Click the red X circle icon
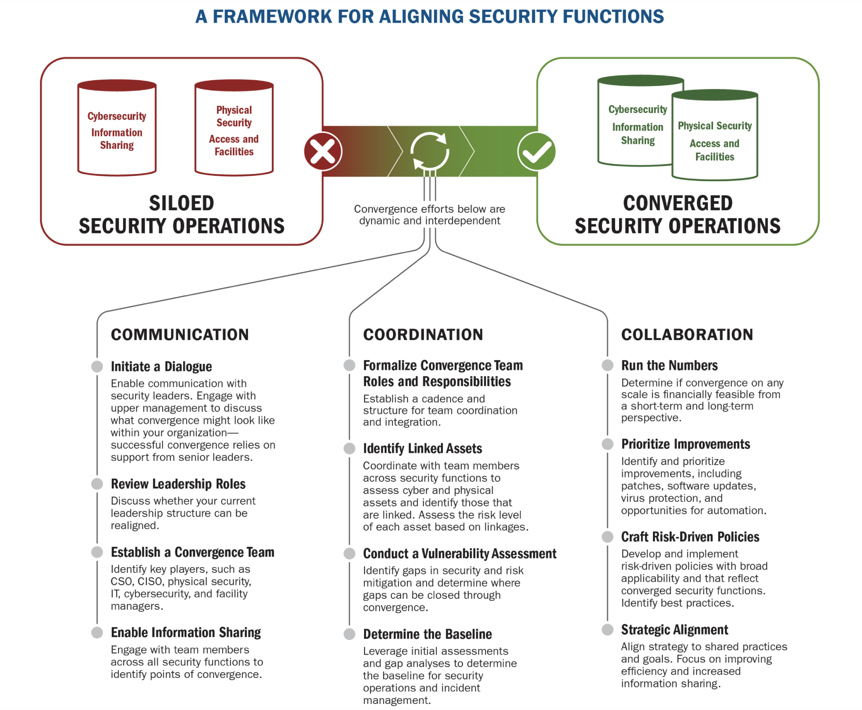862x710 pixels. [x=323, y=151]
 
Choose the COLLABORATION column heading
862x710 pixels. [x=687, y=335]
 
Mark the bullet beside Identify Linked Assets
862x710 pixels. [x=349, y=448]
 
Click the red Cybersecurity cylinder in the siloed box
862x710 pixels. [x=117, y=128]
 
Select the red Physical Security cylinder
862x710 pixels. [x=234, y=128]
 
